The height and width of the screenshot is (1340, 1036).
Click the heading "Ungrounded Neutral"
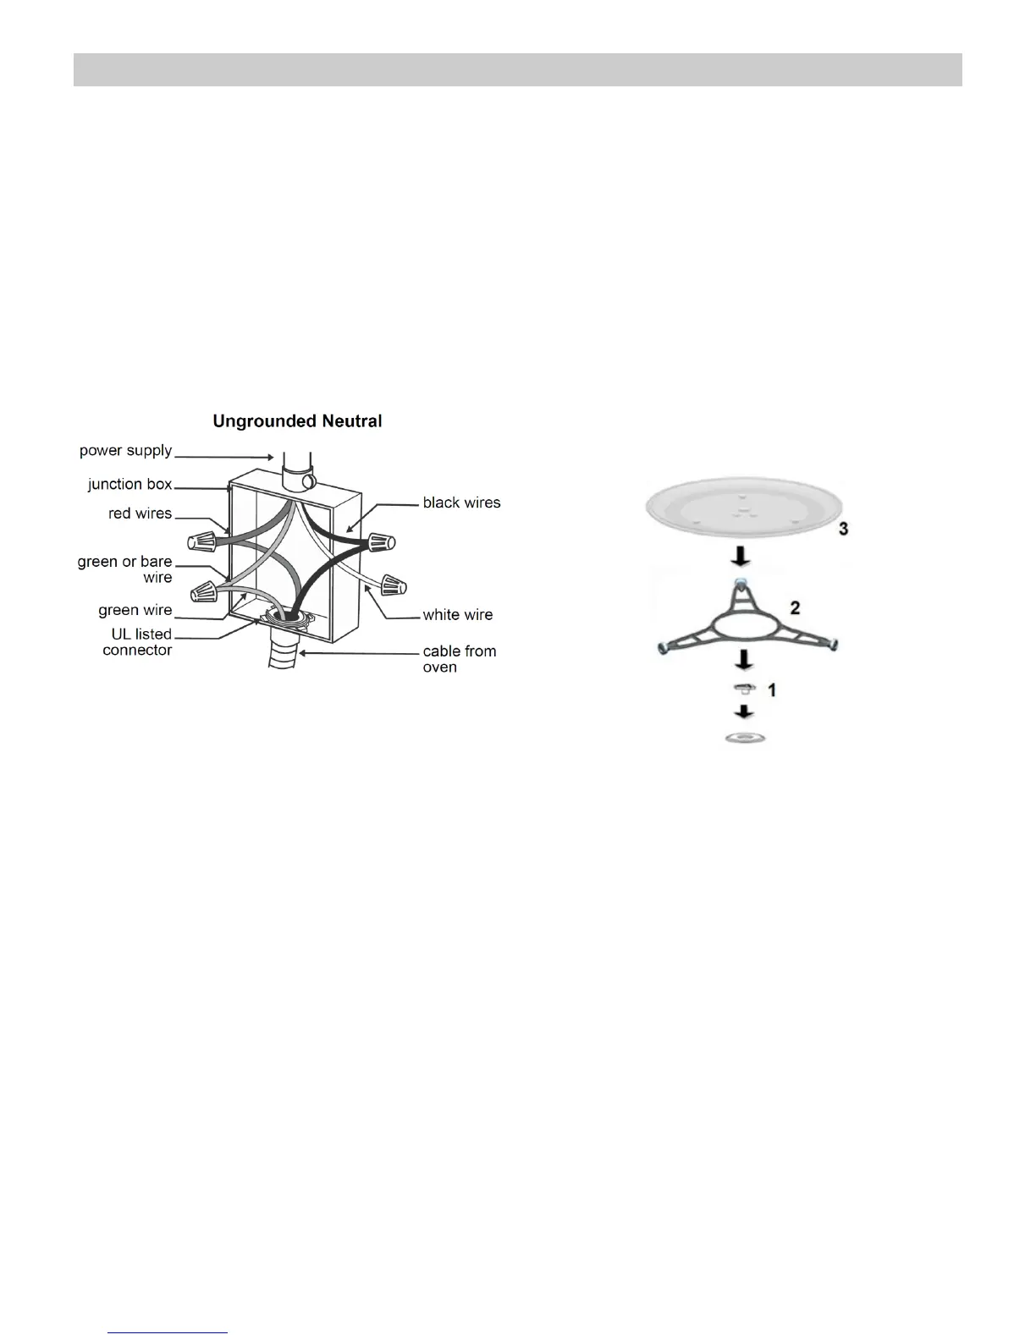pos(297,420)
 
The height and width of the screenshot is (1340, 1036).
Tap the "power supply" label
pos(126,451)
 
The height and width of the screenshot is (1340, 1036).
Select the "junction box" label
pos(130,484)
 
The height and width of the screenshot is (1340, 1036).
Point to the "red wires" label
pos(141,513)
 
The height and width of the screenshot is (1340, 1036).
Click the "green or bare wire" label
pos(125,569)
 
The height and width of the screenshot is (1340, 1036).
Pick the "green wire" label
pos(135,610)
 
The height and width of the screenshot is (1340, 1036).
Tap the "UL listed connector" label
pos(137,642)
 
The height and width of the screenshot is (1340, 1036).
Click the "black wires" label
pos(461,502)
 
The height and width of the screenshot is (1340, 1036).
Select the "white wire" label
pos(458,615)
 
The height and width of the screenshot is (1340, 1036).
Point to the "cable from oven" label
pos(459,659)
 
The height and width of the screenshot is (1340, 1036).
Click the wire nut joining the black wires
pos(381,541)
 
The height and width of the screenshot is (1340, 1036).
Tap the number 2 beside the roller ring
pos(794,607)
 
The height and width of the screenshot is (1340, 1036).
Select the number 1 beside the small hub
pos(771,690)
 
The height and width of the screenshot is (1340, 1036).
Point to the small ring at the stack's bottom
pos(745,739)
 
